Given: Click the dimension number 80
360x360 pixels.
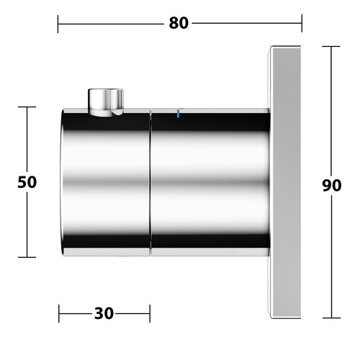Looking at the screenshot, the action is coord(179,23).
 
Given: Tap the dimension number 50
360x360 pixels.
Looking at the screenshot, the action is coord(27,182).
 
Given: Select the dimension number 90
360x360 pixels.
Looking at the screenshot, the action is coord(332,185).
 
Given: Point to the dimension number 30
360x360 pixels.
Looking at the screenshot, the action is coord(104,313).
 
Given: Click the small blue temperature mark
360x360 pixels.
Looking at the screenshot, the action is coord(178,114).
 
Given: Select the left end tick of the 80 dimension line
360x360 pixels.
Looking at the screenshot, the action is coord(58,24).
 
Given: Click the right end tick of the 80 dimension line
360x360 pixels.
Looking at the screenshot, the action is coord(302,23).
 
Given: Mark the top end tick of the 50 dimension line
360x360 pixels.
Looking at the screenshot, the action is coord(27,107).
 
